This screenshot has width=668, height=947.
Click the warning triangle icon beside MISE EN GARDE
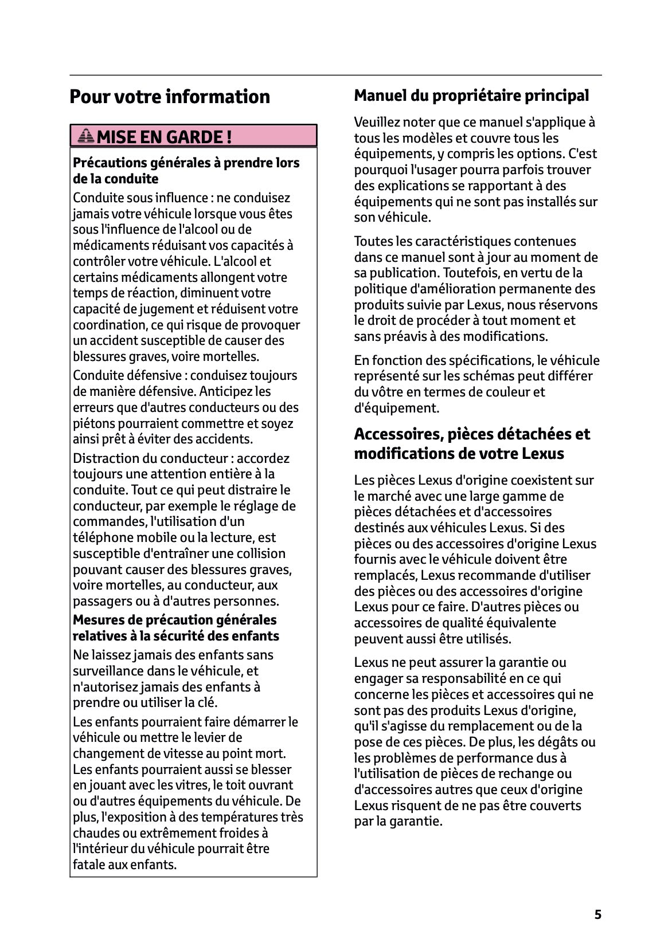86,136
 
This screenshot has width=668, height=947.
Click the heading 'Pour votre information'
169,96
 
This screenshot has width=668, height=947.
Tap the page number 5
597,914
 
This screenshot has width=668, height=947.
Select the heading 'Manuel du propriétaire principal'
471,95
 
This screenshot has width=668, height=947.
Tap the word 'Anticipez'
227,391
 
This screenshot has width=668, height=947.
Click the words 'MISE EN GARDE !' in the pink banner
164,137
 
